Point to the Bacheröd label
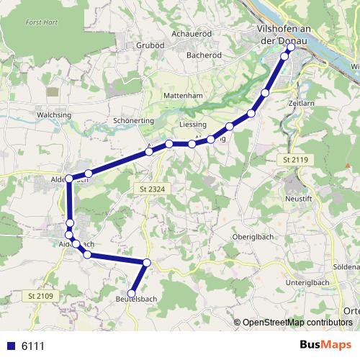click(204, 54)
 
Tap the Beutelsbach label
click(137, 299)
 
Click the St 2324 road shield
click(148, 188)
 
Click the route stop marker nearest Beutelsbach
click(132, 292)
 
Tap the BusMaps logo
click(325, 345)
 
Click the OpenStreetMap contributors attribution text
click(297, 323)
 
